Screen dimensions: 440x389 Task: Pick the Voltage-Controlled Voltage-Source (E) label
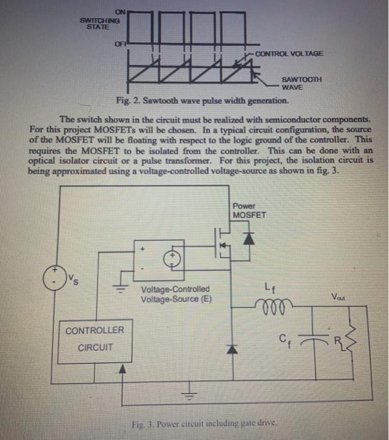[x=176, y=294]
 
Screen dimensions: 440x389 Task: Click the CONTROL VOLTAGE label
[x=289, y=53]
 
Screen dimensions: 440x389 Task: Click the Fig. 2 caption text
[x=202, y=101]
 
